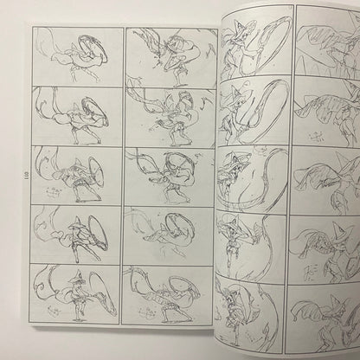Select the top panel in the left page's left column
tap(76, 57)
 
